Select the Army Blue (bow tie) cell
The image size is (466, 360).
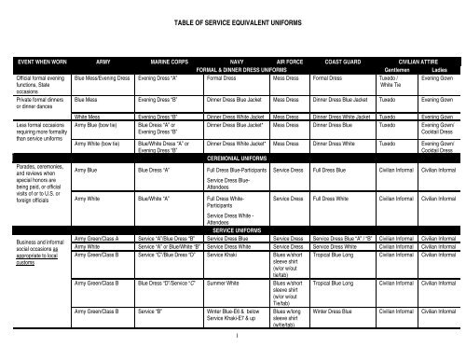(x=98, y=123)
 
